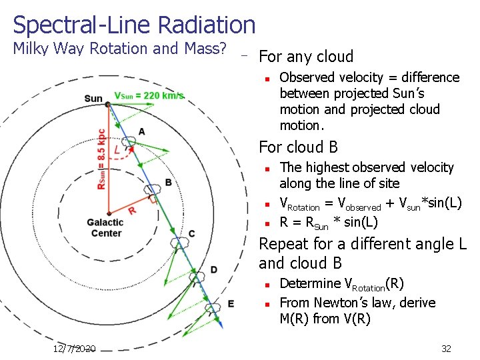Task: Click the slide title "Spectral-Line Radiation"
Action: (x=134, y=25)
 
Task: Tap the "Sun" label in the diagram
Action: (x=93, y=99)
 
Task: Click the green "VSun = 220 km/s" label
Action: (x=149, y=96)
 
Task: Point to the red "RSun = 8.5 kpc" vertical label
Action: (x=101, y=159)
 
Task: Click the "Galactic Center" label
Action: (x=105, y=228)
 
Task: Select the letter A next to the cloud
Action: (x=141, y=132)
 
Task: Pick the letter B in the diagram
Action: (x=168, y=182)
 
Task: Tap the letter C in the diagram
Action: (x=191, y=233)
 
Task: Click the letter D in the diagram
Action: (x=213, y=269)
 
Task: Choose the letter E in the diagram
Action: (x=230, y=303)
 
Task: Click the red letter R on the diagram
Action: (x=132, y=210)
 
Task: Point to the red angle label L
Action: (x=117, y=151)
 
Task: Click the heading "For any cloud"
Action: (x=306, y=56)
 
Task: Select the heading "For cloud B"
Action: (x=298, y=147)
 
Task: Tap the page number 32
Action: (x=446, y=349)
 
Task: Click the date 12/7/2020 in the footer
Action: (x=75, y=349)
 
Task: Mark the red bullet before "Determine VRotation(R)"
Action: (x=266, y=284)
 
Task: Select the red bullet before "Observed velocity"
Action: (x=266, y=79)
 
